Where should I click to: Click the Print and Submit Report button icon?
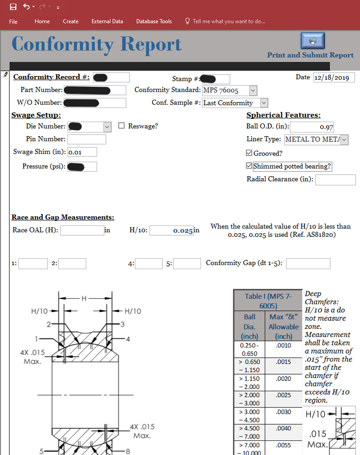click(313, 41)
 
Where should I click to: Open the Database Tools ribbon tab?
click(154, 21)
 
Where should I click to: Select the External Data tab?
click(107, 21)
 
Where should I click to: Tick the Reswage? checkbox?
click(121, 126)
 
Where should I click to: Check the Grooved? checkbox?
click(250, 153)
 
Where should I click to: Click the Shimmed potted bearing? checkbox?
click(250, 166)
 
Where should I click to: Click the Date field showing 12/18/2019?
click(334, 77)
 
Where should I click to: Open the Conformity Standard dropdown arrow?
click(253, 90)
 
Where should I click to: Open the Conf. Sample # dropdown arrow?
click(264, 103)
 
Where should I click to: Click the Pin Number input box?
click(86, 139)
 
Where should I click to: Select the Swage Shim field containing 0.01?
click(82, 152)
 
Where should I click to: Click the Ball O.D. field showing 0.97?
click(312, 127)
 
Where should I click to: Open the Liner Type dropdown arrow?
click(344, 140)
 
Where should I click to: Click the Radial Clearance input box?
click(335, 180)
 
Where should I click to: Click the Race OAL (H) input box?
click(82, 230)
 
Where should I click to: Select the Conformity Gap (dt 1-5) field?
click(308, 263)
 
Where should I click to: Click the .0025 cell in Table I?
click(283, 395)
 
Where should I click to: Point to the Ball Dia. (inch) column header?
click(249, 327)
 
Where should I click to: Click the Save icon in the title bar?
click(13, 7)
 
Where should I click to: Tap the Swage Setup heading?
click(36, 115)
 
